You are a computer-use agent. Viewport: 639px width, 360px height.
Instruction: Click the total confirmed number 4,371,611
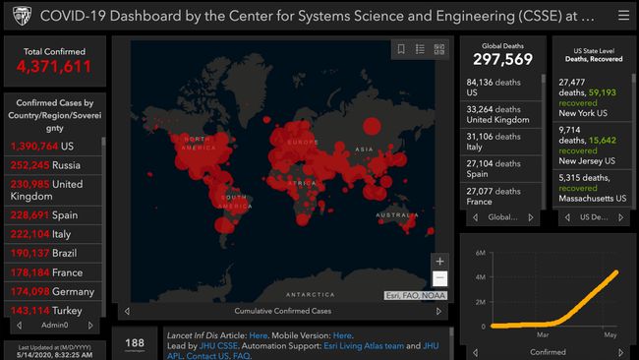click(x=54, y=67)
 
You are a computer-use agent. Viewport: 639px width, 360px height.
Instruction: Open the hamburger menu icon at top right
click(x=623, y=16)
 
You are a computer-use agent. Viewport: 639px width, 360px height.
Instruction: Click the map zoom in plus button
click(x=439, y=262)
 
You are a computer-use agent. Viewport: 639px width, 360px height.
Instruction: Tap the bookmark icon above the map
click(x=400, y=49)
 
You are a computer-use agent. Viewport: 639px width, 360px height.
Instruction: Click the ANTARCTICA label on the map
click(x=310, y=295)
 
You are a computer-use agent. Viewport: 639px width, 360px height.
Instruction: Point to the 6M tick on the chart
click(x=480, y=253)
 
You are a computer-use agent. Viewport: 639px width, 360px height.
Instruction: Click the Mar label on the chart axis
click(x=543, y=335)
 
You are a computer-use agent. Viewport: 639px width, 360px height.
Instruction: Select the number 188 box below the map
click(x=135, y=343)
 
